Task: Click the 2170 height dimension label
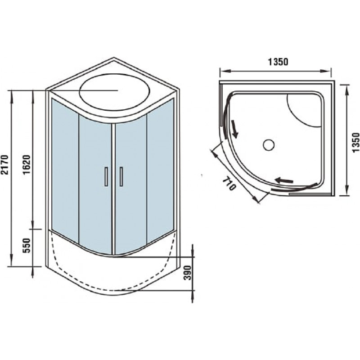point(5,165)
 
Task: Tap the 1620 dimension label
point(27,165)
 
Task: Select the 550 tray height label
point(27,246)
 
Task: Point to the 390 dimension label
point(188,273)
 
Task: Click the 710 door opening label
point(229,184)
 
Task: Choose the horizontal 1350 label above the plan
point(278,62)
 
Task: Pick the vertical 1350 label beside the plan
point(355,142)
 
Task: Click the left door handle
point(106,176)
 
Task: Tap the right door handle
point(121,176)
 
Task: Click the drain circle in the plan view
point(269,145)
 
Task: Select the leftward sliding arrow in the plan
point(284,180)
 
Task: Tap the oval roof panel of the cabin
point(115,92)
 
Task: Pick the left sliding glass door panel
point(95,184)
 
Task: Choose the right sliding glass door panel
point(131,184)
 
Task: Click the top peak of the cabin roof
point(114,58)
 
